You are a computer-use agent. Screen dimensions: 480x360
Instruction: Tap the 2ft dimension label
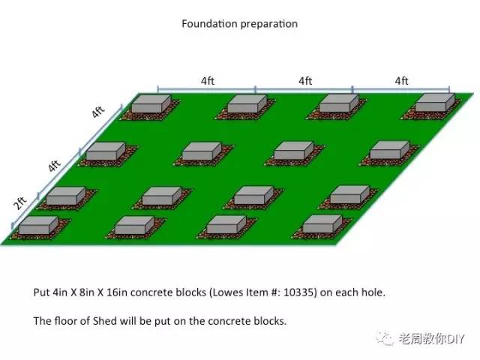(20, 203)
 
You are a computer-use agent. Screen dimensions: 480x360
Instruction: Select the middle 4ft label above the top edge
(305, 81)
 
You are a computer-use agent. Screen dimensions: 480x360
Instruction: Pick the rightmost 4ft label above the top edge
(402, 81)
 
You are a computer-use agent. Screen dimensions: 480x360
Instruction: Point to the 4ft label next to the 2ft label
(54, 166)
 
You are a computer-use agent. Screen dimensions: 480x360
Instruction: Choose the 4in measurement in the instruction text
(60, 292)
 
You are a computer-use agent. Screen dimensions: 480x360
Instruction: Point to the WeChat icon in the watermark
(385, 338)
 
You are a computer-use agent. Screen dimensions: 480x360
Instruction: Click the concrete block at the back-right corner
(435, 103)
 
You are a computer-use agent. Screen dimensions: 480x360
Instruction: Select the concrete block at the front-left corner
(38, 225)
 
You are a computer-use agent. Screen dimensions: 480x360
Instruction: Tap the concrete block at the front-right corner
(322, 223)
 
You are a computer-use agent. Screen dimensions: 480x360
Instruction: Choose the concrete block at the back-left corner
(151, 103)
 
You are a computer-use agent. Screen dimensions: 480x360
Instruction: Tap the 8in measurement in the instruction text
(87, 292)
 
